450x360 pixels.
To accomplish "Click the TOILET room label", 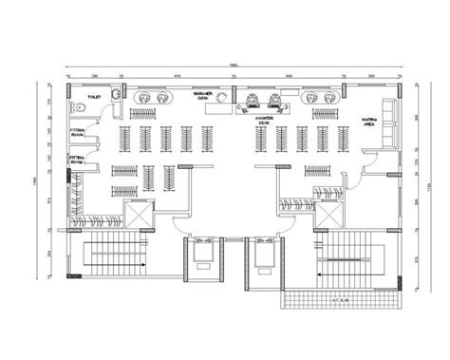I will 94,97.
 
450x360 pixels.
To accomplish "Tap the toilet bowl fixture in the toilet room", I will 115,93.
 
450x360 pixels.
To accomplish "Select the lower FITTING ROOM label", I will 77,160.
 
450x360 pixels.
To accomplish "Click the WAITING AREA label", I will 370,122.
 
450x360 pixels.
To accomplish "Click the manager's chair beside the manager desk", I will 221,97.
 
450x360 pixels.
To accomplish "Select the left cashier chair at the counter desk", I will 253,99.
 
